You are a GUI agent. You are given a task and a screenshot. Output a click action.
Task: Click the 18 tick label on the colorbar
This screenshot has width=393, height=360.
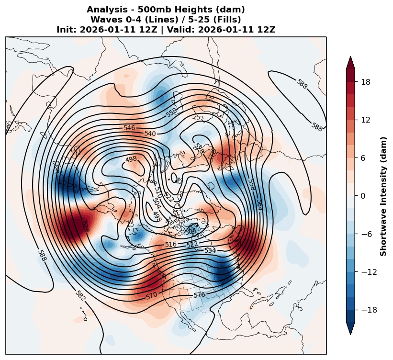click(x=366, y=82)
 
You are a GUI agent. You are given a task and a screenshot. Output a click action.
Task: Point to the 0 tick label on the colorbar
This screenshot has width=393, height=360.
click(x=363, y=196)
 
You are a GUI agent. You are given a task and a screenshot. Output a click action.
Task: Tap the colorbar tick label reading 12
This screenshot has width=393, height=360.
click(x=366, y=120)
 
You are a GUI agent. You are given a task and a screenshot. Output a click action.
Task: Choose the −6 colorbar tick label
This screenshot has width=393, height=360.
click(x=367, y=234)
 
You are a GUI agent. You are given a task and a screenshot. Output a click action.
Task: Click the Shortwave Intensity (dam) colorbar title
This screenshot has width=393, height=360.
click(x=383, y=196)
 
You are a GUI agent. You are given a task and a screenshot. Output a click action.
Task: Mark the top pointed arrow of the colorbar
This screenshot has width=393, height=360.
click(x=350, y=56)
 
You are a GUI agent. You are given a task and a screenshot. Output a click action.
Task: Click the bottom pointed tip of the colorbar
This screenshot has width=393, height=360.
click(x=350, y=335)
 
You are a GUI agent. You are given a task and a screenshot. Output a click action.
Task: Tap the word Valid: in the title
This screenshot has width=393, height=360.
click(x=181, y=30)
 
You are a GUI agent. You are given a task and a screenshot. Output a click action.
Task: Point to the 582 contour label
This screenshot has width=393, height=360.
click(x=80, y=295)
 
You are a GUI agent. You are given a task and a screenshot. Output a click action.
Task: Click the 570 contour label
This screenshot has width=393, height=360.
click(x=151, y=296)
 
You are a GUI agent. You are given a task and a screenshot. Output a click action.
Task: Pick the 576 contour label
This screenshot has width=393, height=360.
click(x=200, y=295)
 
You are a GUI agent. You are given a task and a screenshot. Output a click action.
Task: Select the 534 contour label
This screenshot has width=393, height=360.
click(x=210, y=250)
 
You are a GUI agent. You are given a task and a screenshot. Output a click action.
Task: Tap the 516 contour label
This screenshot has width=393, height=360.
click(x=171, y=245)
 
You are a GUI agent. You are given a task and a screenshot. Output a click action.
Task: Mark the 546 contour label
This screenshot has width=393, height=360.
click(x=129, y=128)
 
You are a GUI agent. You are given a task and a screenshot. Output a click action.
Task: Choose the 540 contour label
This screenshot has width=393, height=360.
click(x=150, y=134)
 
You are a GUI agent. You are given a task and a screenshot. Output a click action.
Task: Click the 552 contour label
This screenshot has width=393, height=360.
click(x=171, y=112)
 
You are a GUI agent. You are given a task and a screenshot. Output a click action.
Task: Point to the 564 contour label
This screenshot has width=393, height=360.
click(x=259, y=205)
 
